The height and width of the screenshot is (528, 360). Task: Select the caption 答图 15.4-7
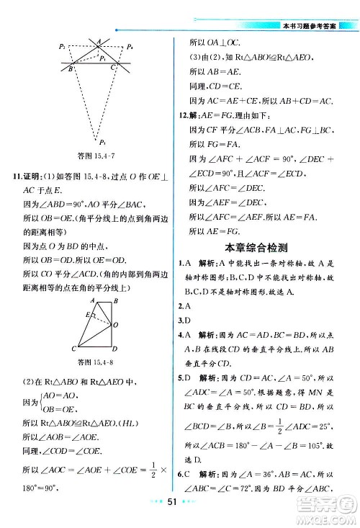tap(96, 155)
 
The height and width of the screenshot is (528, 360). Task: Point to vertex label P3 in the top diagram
tap(103, 142)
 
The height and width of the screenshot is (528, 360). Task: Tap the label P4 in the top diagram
tap(130, 47)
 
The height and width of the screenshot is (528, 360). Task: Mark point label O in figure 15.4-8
tap(115, 323)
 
